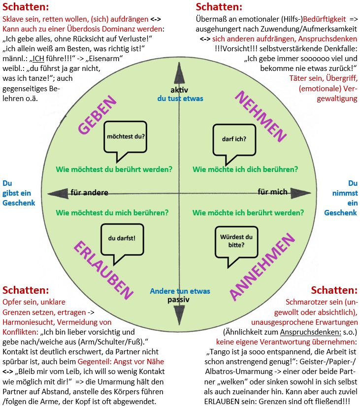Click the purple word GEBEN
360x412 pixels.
(x=97, y=115)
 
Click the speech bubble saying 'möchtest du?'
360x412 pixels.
(x=126, y=134)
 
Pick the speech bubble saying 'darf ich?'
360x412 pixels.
(x=234, y=138)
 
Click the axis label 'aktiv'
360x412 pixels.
(x=180, y=90)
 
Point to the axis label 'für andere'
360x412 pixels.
(x=89, y=192)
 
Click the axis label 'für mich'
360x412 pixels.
(x=272, y=191)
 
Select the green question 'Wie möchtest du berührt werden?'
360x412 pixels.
(x=114, y=169)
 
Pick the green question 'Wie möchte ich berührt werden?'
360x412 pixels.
(x=248, y=213)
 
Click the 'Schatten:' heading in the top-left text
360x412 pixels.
(x=26, y=7)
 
